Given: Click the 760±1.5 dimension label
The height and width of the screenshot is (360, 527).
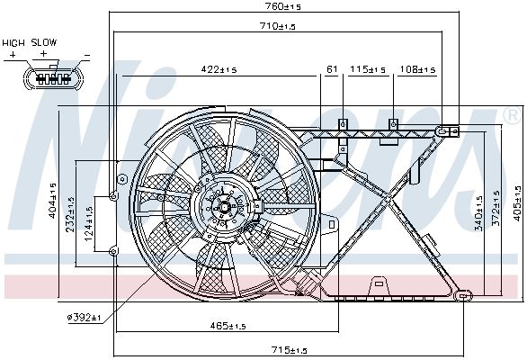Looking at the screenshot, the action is click(x=283, y=6).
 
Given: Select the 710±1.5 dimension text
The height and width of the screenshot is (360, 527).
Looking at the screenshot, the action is click(x=278, y=26).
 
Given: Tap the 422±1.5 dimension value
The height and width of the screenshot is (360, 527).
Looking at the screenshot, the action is click(x=219, y=69).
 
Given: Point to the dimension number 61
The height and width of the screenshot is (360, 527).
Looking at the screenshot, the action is click(x=332, y=69).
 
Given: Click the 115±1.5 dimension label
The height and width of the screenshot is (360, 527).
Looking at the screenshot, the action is click(x=368, y=69).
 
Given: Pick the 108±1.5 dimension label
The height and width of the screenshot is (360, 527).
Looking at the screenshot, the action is click(x=417, y=69).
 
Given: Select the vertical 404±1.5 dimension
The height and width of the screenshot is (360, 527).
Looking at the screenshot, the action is click(x=53, y=201).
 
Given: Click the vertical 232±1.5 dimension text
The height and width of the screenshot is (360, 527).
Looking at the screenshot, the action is click(x=70, y=214).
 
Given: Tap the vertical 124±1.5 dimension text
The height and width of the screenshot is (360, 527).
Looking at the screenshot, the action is click(x=88, y=223).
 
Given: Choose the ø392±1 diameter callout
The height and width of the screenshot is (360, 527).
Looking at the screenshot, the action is click(x=84, y=317).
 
